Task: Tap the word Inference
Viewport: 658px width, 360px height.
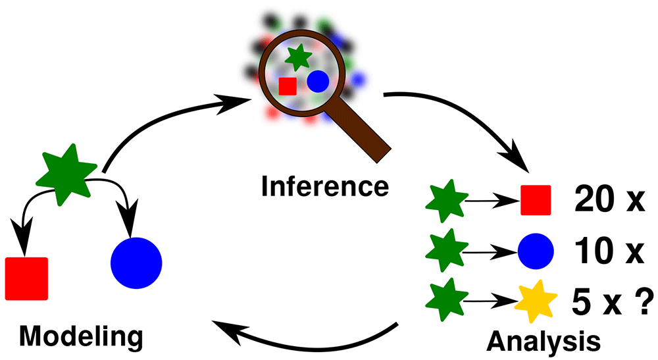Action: point(325,186)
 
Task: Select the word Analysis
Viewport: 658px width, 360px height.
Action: point(544,341)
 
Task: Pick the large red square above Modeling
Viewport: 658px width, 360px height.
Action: point(26,278)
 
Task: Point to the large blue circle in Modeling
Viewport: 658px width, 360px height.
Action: point(136,263)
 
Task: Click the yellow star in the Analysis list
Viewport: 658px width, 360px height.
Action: point(536,301)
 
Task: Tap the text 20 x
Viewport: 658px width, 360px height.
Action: point(609,199)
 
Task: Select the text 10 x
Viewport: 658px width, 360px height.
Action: point(609,251)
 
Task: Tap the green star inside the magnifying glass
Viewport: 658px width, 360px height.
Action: point(298,57)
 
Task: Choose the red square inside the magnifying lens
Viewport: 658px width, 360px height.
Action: point(288,86)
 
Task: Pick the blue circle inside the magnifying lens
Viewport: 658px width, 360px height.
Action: point(318,82)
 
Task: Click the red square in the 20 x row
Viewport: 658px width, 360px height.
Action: point(536,200)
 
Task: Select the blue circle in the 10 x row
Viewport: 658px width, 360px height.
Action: point(536,251)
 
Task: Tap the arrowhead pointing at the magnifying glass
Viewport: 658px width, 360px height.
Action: point(234,103)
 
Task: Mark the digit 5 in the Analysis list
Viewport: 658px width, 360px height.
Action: point(582,301)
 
